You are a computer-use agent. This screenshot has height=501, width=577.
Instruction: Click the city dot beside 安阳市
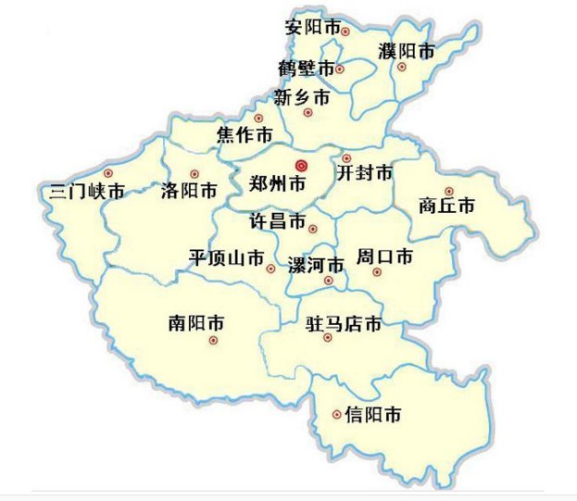click(345, 31)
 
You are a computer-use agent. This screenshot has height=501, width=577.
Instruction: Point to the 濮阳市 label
click(407, 52)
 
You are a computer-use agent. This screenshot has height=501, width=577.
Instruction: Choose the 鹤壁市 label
click(306, 69)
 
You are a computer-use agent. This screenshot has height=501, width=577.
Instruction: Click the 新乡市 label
click(302, 96)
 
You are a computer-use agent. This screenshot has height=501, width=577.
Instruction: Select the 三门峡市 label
click(87, 193)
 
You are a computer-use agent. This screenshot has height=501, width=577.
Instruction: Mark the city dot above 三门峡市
click(108, 173)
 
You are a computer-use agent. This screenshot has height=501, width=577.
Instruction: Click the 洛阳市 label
click(189, 192)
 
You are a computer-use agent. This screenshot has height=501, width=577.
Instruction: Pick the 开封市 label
click(364, 173)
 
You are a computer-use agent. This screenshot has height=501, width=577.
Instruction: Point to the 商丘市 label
click(446, 206)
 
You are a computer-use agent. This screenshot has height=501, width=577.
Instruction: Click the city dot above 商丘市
click(448, 191)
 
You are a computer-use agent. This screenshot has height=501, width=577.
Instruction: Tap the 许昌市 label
click(279, 222)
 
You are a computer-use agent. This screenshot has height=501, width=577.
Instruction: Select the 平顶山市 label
click(227, 257)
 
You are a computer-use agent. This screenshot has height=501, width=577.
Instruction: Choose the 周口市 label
click(384, 257)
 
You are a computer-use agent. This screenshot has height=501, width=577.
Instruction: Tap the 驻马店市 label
click(344, 324)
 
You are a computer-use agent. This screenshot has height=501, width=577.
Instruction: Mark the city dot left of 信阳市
click(335, 415)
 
